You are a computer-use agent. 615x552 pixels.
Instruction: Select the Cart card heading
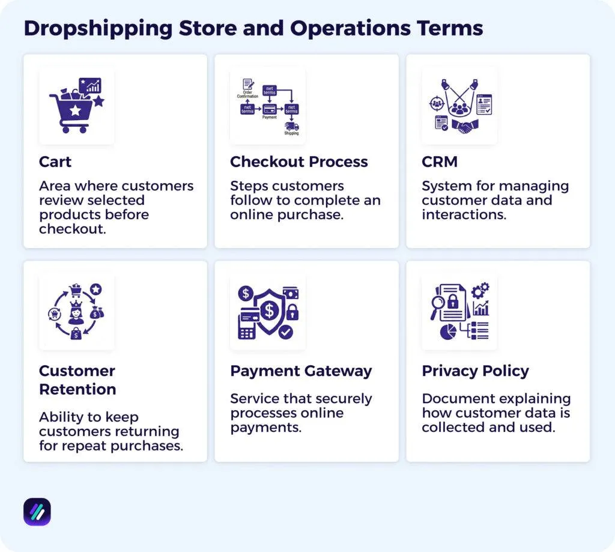click(x=55, y=162)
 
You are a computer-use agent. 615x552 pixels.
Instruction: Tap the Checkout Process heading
click(x=299, y=162)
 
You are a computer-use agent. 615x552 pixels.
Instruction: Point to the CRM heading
click(x=440, y=162)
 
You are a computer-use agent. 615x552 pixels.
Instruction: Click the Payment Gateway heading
click(x=301, y=371)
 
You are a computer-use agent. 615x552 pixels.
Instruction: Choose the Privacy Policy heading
click(x=475, y=371)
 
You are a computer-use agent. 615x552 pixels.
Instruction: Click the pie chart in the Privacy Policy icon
click(x=448, y=331)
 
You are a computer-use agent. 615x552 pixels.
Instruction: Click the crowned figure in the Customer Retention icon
click(x=76, y=313)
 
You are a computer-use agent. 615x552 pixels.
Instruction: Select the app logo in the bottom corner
click(x=37, y=512)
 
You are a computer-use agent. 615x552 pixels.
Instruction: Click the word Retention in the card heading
click(x=77, y=389)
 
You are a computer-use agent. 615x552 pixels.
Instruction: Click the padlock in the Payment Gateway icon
click(x=292, y=312)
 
